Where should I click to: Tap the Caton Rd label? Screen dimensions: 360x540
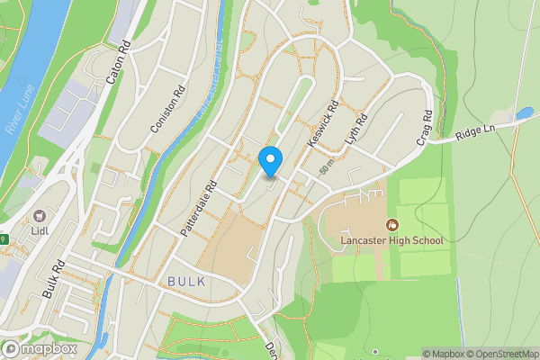pos(118,63)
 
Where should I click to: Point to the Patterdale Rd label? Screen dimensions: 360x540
pos(199,208)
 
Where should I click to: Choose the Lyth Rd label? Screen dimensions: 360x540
pos(356,130)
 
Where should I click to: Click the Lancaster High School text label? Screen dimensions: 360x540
pos(391,240)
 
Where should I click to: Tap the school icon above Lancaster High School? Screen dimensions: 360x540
pos(392,224)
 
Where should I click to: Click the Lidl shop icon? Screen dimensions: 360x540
pos(40,217)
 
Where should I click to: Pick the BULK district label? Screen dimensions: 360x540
pos(186,282)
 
